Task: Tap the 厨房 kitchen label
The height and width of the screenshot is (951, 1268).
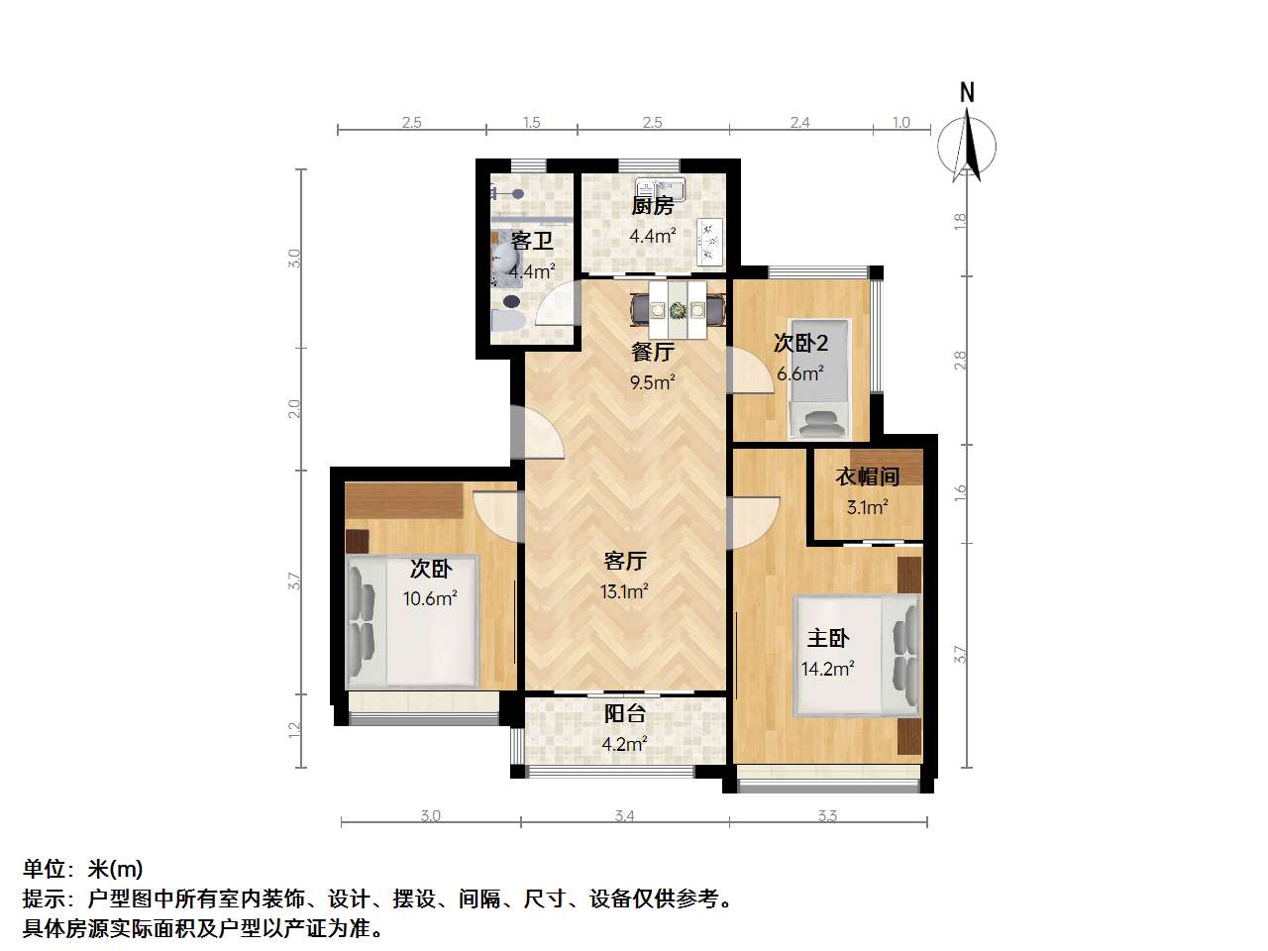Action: (652, 206)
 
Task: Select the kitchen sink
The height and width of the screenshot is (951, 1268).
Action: (661, 189)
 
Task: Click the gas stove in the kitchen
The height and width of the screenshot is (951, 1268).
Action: (710, 242)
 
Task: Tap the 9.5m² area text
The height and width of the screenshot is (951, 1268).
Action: (652, 382)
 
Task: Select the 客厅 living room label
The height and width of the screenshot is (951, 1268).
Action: (624, 561)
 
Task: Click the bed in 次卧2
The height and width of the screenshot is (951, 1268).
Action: (819, 378)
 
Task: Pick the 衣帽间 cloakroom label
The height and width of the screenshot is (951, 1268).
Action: (867, 476)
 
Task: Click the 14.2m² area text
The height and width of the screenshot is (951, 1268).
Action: (828, 669)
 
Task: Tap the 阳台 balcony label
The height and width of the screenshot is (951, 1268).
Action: (624, 713)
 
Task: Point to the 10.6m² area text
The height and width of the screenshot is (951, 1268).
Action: (430, 598)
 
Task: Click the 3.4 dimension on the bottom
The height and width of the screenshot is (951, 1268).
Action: (624, 816)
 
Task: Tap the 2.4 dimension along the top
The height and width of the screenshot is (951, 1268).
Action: (800, 123)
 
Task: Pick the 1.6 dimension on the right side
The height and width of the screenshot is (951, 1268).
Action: (960, 492)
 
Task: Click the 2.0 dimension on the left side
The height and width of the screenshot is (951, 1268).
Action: (294, 409)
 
